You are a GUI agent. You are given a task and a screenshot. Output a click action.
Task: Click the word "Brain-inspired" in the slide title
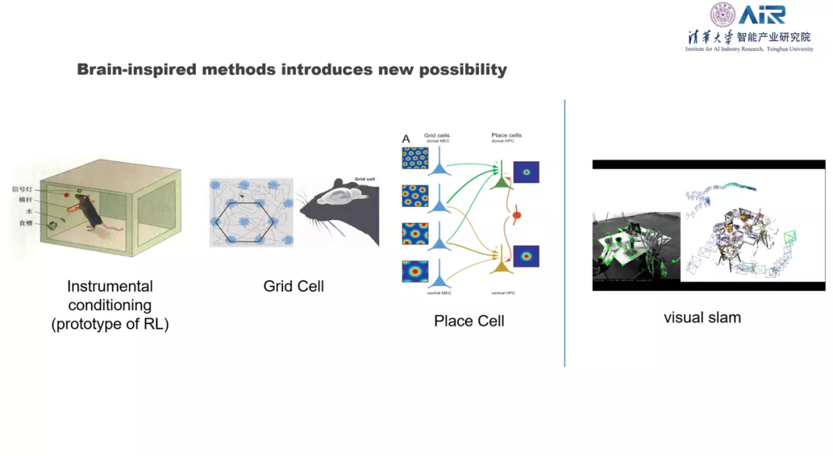point(137,69)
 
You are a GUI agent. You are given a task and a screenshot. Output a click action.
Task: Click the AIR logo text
point(761,15)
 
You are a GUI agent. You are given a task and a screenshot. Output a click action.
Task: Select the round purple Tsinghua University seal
point(723,15)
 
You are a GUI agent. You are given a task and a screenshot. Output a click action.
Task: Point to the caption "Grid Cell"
point(293,286)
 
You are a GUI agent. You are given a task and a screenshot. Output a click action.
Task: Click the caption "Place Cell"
point(469,321)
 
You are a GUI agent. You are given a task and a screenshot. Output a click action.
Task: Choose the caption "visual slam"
point(702,317)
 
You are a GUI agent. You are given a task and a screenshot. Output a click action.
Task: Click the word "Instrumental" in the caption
point(110,286)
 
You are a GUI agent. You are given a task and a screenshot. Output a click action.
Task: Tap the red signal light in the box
point(66,196)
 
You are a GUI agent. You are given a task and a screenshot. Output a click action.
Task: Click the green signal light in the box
point(78,189)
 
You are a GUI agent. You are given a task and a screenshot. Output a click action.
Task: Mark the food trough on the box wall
point(52,225)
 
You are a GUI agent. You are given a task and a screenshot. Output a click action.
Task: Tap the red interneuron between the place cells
point(518,214)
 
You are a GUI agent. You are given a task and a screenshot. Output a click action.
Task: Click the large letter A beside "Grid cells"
point(406,140)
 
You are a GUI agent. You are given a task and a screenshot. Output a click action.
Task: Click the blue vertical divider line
point(565,231)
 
